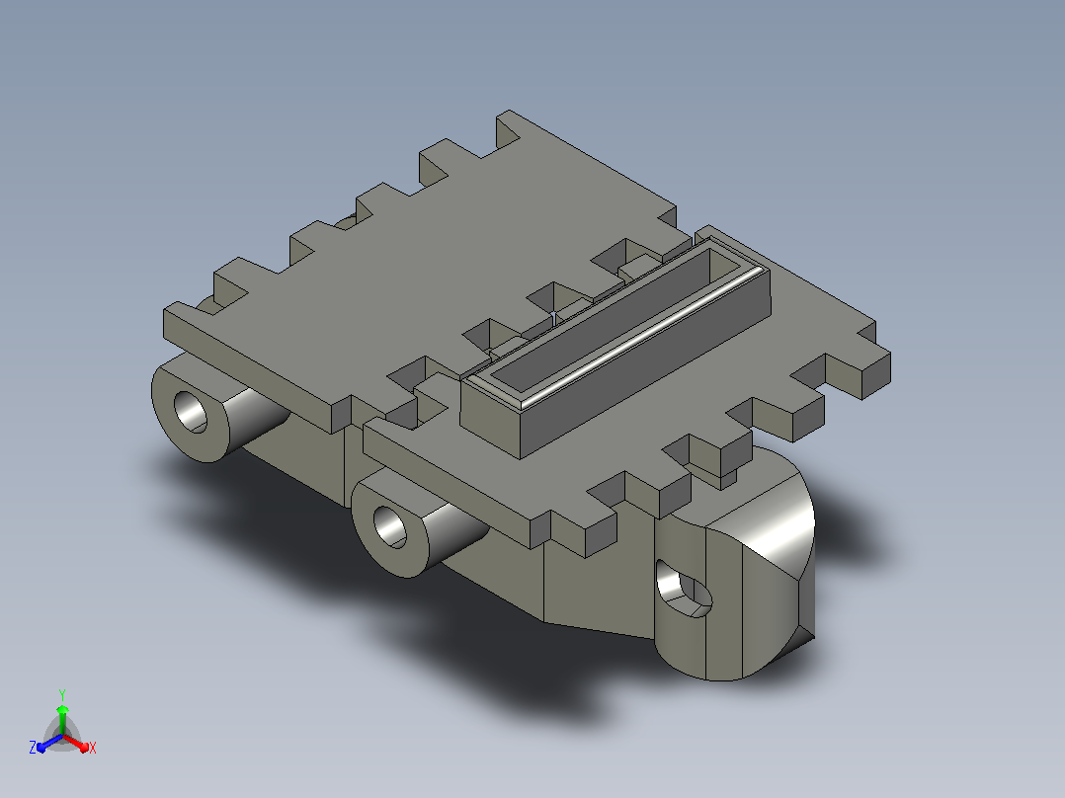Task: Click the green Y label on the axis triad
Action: coord(62,694)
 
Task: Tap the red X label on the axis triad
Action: coord(93,748)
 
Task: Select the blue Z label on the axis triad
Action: coord(33,748)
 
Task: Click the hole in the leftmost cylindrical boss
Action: coord(191,412)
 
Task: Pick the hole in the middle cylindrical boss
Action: coord(390,527)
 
